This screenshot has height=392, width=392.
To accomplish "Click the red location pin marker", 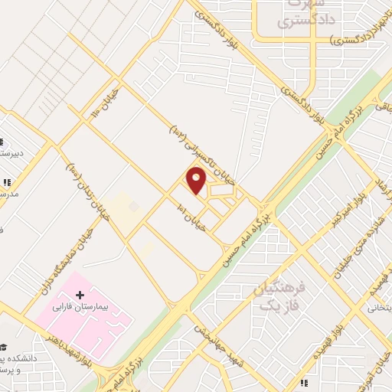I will [x=197, y=181].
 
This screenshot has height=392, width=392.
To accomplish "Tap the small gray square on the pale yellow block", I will [x=134, y=206].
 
